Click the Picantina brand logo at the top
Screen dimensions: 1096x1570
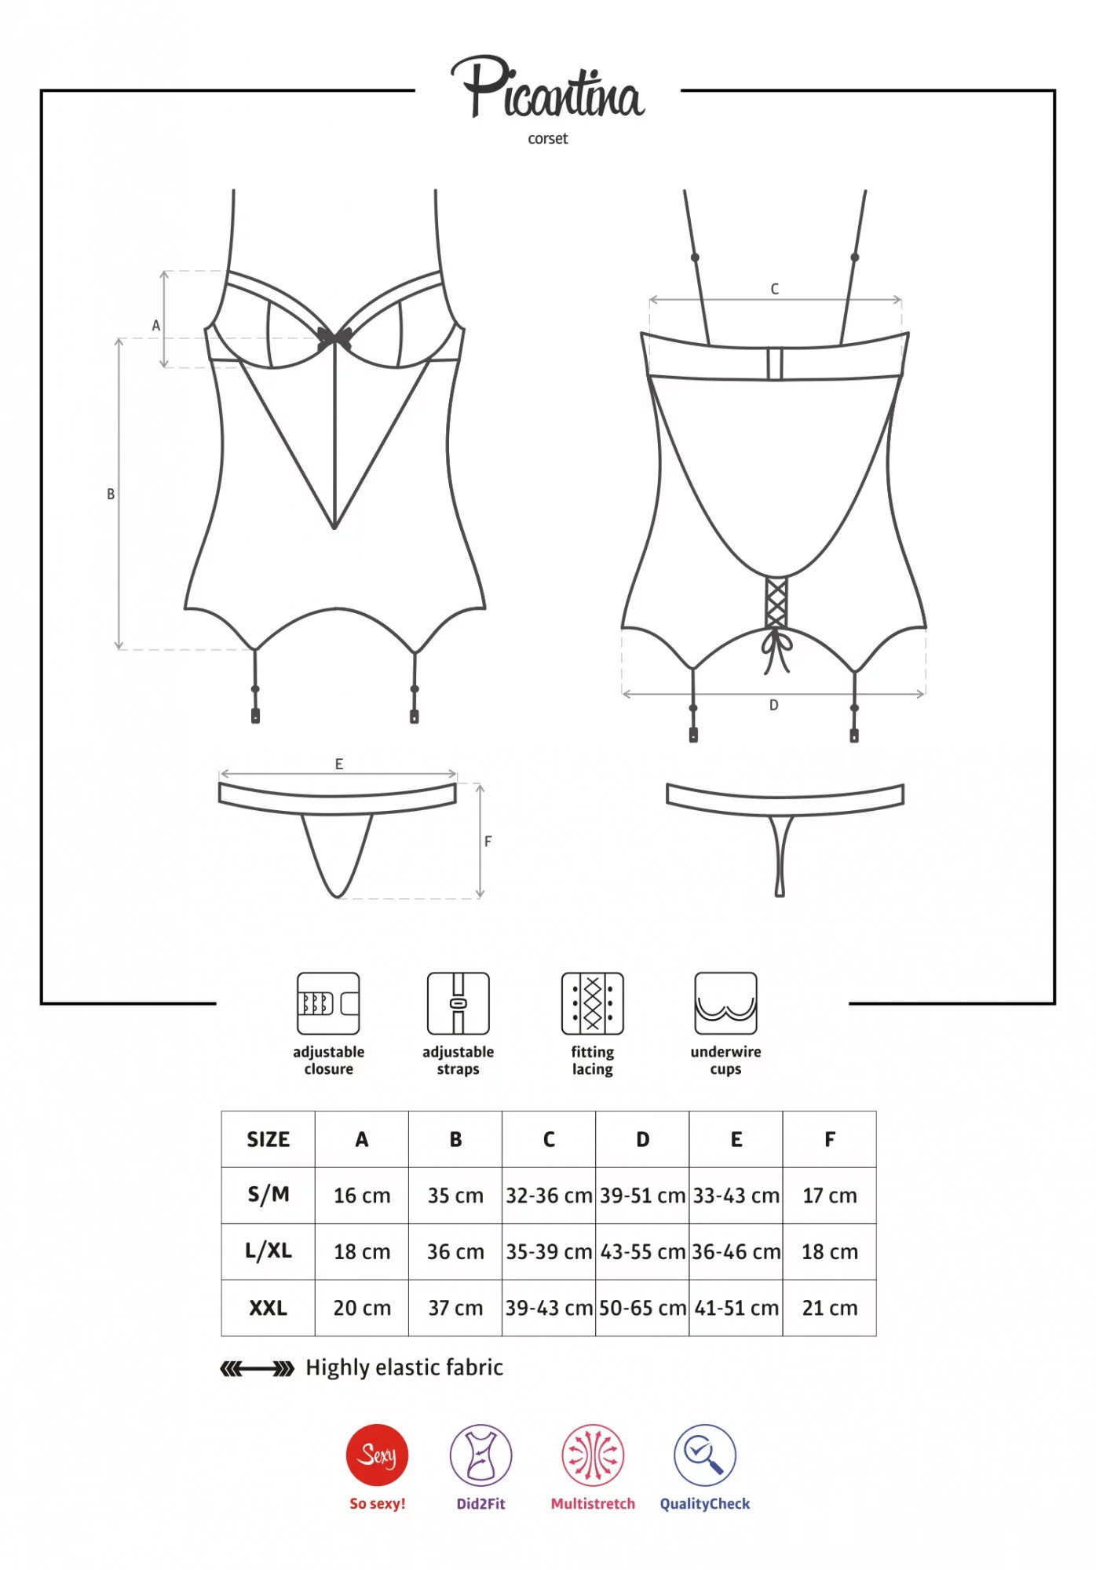(x=547, y=87)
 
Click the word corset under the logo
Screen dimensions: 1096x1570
(x=547, y=139)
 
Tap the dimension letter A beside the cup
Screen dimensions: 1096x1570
(x=155, y=325)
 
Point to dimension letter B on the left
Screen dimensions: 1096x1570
(x=111, y=494)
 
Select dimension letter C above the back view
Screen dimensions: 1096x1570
(x=774, y=289)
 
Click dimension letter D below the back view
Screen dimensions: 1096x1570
(x=773, y=705)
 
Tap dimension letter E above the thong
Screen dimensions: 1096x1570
(x=338, y=764)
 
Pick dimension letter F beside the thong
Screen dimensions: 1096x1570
(x=488, y=842)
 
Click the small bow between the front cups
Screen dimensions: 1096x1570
(x=334, y=339)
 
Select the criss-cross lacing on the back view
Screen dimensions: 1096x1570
(x=776, y=603)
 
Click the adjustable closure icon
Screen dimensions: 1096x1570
(x=328, y=1003)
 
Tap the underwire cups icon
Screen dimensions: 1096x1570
(x=725, y=1003)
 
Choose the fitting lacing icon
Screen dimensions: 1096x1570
(x=592, y=1003)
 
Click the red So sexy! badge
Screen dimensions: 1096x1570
(x=377, y=1455)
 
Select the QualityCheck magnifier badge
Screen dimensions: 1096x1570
(x=704, y=1455)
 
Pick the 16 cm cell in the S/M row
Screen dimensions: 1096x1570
(x=362, y=1196)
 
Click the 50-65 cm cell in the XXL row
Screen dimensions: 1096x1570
(x=642, y=1308)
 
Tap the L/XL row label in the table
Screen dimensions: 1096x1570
(x=268, y=1251)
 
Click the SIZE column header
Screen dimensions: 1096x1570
(x=268, y=1139)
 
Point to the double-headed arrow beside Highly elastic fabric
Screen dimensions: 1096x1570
(x=257, y=1369)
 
